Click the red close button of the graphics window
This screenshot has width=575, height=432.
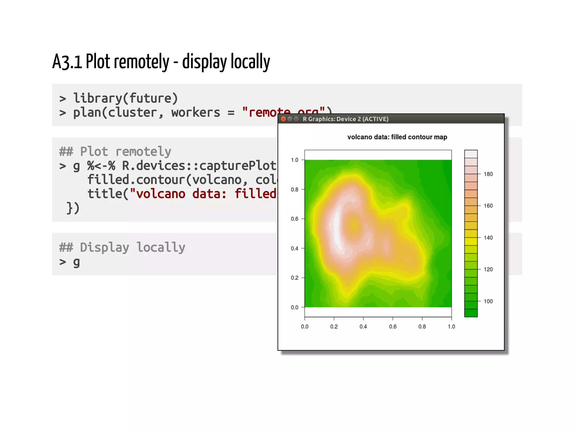tap(283, 119)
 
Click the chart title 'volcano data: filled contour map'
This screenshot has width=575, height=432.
tap(397, 137)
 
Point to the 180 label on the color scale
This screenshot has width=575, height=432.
tap(488, 174)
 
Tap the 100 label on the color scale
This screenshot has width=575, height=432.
tap(488, 301)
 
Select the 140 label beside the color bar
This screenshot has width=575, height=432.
tap(488, 238)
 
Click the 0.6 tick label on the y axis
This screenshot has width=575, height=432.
tap(295, 219)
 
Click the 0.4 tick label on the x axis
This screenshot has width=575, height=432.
tap(363, 327)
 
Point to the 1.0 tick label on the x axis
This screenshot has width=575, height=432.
tap(451, 327)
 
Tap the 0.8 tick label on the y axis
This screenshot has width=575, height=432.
tap(295, 189)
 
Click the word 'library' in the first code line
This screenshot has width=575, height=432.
tap(97, 98)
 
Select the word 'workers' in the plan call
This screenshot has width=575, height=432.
tap(196, 113)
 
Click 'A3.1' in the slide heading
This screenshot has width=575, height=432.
tap(67, 62)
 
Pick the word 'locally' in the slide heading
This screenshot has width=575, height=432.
tap(250, 62)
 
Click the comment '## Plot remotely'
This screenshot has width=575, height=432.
tap(115, 151)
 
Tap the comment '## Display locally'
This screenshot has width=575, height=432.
tap(122, 247)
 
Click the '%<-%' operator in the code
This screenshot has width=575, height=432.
tap(101, 166)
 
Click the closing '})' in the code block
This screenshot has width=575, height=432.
tap(73, 208)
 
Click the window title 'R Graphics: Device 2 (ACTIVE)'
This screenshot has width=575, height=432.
tap(345, 119)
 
